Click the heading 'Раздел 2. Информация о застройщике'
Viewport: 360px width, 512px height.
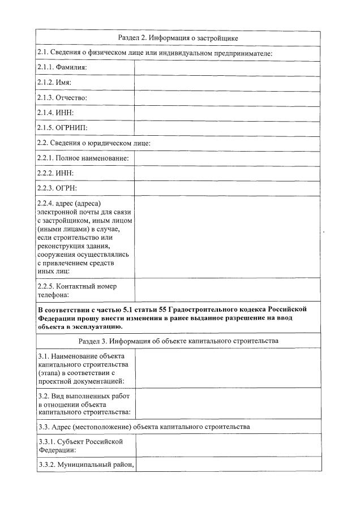point(178,38)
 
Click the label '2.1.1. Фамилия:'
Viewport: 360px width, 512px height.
point(62,68)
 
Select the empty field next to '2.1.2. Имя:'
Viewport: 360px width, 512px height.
point(227,83)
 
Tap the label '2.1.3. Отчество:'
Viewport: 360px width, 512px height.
point(62,98)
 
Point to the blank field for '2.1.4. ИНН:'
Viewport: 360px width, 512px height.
point(227,113)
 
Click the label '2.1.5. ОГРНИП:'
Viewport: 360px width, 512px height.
point(63,128)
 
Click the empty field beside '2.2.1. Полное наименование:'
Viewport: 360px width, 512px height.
point(227,158)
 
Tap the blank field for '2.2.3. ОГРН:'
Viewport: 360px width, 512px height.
point(227,188)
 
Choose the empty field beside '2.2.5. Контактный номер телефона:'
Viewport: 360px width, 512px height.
point(227,290)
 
